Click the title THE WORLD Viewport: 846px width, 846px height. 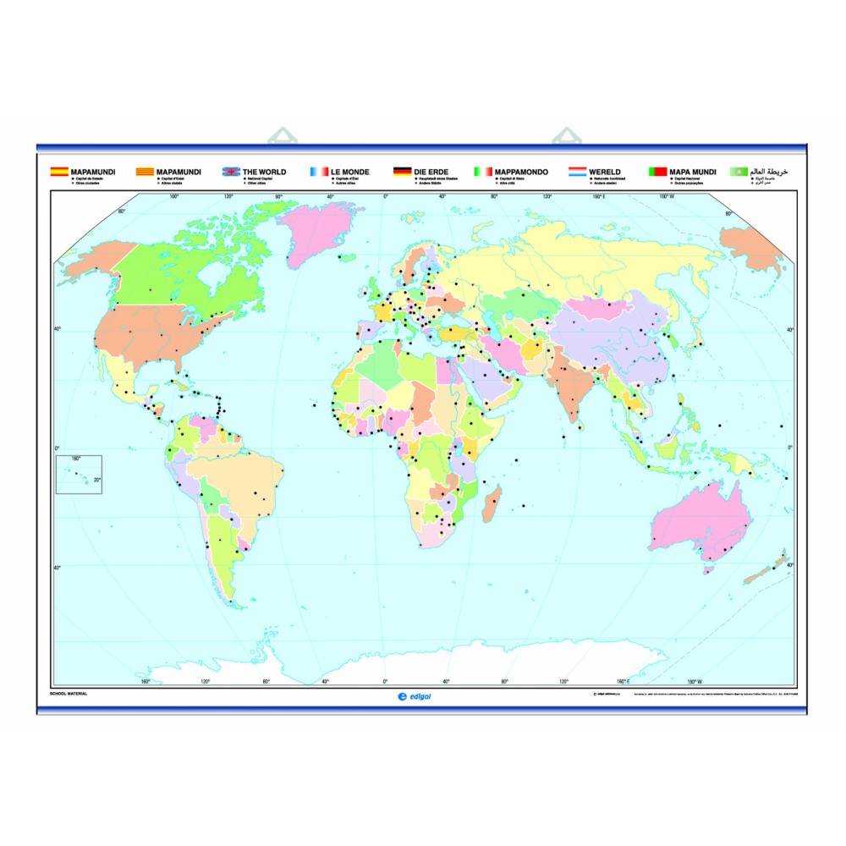[x=264, y=172]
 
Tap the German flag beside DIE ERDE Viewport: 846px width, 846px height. [x=402, y=172]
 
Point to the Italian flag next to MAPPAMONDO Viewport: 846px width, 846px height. [x=483, y=172]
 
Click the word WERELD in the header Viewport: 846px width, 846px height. [x=606, y=172]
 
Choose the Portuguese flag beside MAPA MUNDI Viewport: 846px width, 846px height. [x=657, y=172]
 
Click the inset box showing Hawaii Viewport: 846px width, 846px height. [x=79, y=474]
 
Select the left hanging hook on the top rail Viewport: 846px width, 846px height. [x=280, y=136]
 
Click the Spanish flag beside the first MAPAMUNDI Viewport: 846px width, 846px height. [x=60, y=172]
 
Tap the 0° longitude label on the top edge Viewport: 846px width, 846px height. [x=386, y=196]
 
